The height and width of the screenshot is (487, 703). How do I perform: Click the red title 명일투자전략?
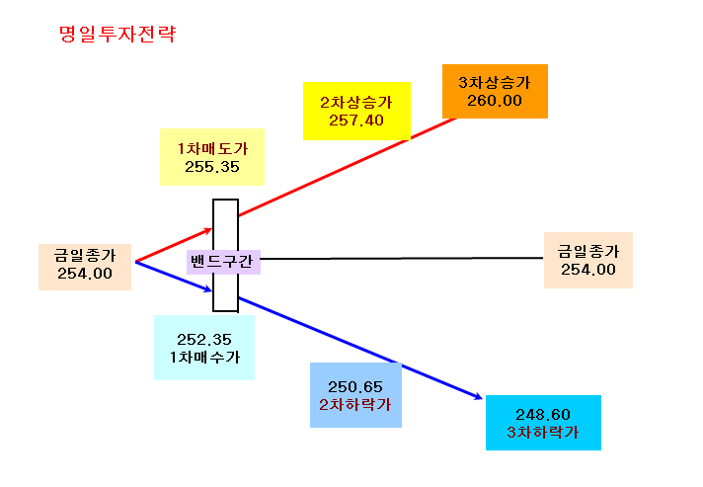[117, 35]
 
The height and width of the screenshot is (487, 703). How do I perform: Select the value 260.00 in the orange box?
[495, 101]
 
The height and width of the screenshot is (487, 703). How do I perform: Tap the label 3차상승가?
[495, 83]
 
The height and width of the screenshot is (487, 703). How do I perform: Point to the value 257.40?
[356, 121]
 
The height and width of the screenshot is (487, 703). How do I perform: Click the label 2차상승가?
[356, 103]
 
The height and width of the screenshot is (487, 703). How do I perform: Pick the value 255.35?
[212, 167]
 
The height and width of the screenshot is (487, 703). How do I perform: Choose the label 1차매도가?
[212, 149]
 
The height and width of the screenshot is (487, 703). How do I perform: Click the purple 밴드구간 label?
[223, 262]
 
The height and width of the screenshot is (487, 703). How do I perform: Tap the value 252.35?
[204, 340]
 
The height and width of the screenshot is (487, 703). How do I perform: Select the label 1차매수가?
[204, 358]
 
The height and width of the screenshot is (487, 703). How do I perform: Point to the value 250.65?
[355, 387]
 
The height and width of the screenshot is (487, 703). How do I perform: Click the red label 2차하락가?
[355, 405]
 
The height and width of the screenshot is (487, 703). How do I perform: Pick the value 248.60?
[543, 414]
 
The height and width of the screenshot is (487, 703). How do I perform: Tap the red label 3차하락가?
[543, 433]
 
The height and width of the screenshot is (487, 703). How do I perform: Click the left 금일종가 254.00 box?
[85, 267]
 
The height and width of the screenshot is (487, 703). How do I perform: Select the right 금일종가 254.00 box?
[588, 260]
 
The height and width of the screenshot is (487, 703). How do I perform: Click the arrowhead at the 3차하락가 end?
[480, 397]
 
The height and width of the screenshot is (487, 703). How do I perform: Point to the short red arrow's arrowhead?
[209, 230]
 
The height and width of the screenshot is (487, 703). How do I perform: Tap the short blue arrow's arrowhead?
[209, 290]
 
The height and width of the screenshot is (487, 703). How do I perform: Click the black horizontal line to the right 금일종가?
[402, 258]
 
